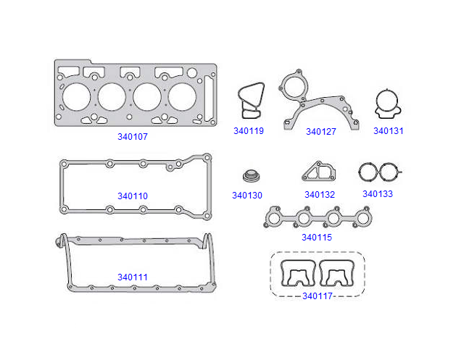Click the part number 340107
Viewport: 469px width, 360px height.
pos(133,136)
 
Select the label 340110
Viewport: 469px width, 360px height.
pos(133,196)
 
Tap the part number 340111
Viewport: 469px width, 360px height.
pos(133,277)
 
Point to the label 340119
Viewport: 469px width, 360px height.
pos(248,132)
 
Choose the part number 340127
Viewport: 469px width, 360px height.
pos(320,132)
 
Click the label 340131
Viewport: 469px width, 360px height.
pos(388,131)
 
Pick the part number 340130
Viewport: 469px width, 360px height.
pos(247,196)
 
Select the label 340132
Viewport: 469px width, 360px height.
pos(319,195)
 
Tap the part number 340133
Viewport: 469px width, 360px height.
pos(378,194)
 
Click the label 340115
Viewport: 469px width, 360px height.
pos(317,238)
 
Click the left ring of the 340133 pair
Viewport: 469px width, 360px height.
pos(368,172)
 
